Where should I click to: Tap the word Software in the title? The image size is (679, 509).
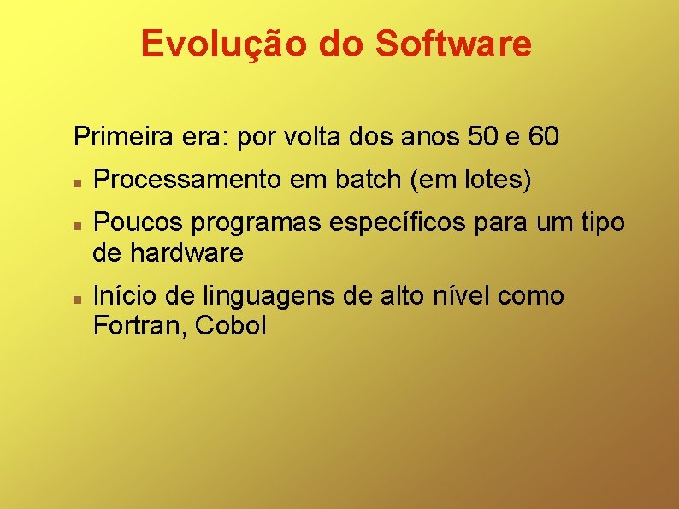tap(452, 44)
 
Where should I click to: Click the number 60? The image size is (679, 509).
tap(544, 136)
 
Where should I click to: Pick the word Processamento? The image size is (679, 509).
tap(186, 181)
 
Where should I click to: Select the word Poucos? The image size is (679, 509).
tap(138, 222)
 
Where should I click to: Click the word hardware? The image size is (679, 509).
tap(186, 253)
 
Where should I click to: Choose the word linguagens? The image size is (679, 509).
tap(267, 298)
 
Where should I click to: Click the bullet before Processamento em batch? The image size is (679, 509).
tap(77, 182)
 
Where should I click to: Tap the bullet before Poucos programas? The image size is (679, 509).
tap(77, 225)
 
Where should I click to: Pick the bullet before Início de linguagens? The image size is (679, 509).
tap(77, 299)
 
